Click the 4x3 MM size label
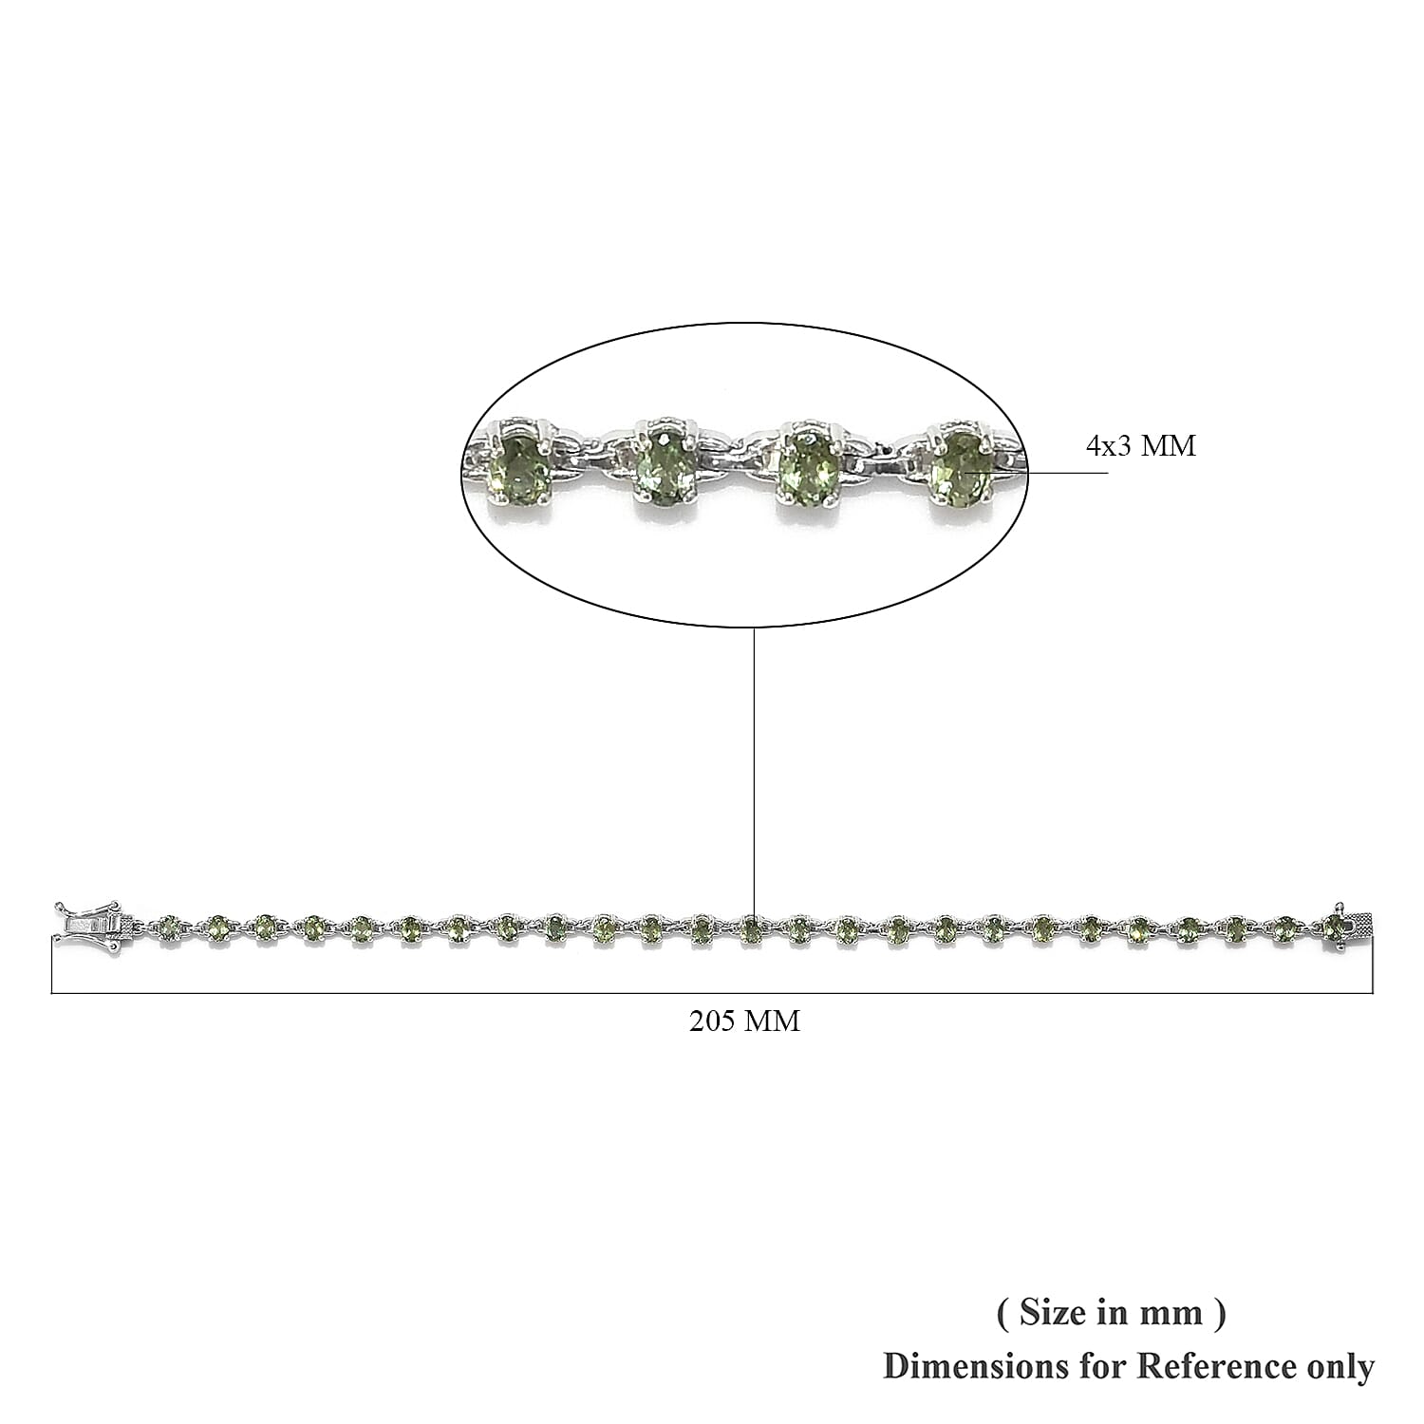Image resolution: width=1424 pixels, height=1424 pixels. click(1141, 445)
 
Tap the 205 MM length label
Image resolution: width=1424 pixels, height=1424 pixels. click(744, 1021)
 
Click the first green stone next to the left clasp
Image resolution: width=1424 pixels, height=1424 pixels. click(170, 927)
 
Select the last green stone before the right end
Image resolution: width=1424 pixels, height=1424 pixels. click(1336, 927)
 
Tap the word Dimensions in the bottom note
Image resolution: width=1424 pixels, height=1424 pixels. click(962, 1367)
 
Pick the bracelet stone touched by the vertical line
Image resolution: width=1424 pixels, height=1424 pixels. click(751, 928)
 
